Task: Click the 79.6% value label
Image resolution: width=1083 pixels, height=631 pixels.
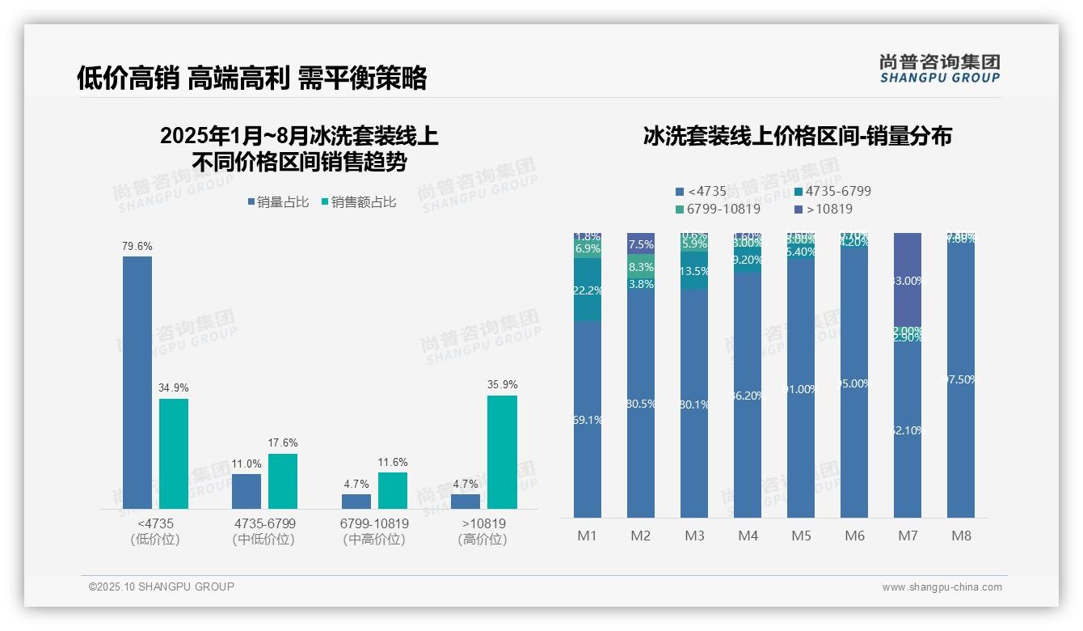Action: [137, 246]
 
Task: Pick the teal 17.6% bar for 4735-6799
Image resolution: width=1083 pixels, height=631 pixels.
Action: [283, 481]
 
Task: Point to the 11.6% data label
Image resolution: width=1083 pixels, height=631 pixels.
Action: [392, 462]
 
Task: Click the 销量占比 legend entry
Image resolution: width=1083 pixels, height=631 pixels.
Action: [278, 202]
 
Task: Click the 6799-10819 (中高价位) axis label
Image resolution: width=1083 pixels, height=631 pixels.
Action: [374, 531]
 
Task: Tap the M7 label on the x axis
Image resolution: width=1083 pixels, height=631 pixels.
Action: [908, 536]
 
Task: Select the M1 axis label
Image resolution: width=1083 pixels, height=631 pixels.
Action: [587, 536]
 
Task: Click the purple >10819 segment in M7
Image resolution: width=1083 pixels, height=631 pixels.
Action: [908, 279]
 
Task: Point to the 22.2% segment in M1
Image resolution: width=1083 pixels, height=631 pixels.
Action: [587, 290]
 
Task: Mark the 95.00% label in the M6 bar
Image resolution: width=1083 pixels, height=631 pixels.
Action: [853, 383]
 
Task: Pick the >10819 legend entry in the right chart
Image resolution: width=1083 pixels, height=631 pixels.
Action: [824, 209]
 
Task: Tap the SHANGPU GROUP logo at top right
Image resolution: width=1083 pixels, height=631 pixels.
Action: [940, 69]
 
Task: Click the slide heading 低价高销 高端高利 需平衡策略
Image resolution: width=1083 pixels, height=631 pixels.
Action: [251, 78]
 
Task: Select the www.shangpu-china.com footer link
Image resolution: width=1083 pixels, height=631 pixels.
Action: [942, 587]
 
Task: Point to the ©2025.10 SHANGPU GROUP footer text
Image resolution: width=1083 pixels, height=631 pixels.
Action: [162, 587]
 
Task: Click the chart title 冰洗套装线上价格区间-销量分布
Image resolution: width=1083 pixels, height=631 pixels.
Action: [797, 136]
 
